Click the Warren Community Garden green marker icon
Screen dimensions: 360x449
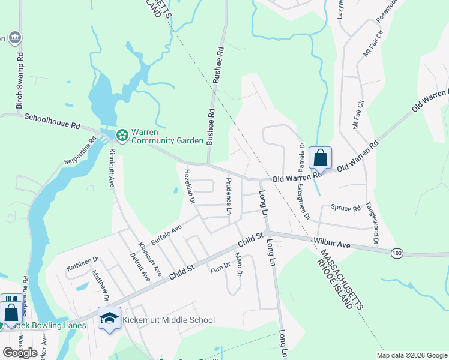[122, 136]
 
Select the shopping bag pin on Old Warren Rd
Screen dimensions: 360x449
[321, 158]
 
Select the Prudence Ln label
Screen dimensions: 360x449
[229, 196]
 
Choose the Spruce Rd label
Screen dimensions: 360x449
[345, 208]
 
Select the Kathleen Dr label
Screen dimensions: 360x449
[83, 264]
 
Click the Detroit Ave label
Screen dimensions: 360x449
[140, 266]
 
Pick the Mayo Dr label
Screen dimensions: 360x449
[238, 265]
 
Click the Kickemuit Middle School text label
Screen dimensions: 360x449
[169, 320]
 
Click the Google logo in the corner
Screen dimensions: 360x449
[20, 353]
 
